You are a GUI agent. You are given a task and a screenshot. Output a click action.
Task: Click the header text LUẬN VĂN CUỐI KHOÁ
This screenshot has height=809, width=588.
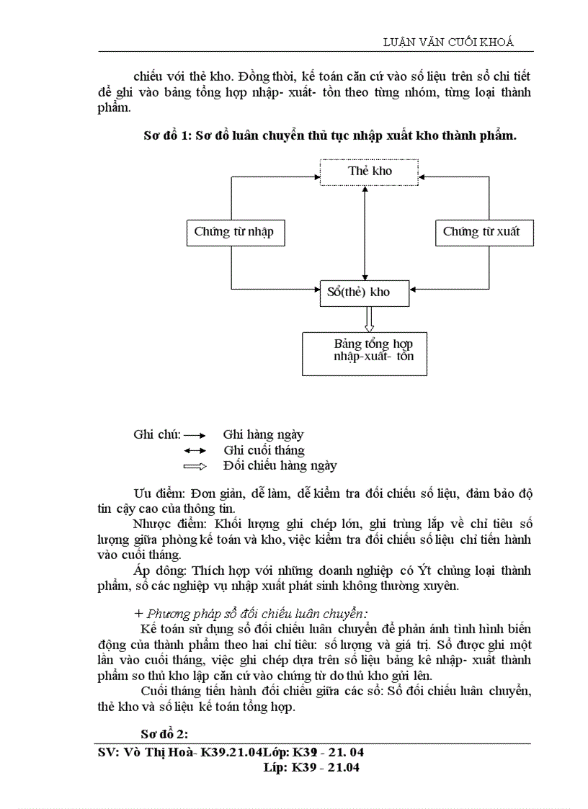click(x=448, y=42)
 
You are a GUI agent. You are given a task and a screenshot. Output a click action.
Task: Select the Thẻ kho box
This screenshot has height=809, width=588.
click(x=370, y=171)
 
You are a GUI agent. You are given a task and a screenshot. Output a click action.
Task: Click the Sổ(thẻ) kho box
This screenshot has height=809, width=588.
click(x=365, y=292)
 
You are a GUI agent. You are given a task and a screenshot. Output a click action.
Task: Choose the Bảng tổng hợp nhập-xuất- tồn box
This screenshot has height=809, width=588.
click(x=365, y=353)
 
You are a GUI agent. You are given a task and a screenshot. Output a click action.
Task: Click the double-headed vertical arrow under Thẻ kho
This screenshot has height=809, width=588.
click(x=365, y=231)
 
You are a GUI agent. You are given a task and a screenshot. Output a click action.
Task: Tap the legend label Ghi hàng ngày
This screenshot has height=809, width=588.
click(x=263, y=434)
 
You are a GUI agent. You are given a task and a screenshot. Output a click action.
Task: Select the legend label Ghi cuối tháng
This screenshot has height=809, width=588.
click(x=264, y=450)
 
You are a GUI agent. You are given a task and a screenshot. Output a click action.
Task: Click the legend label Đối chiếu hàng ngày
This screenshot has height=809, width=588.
click(x=280, y=466)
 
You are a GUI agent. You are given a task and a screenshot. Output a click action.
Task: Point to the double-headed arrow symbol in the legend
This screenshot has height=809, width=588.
click(x=195, y=451)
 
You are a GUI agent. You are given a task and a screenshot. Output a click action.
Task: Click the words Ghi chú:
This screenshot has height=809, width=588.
click(x=156, y=434)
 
